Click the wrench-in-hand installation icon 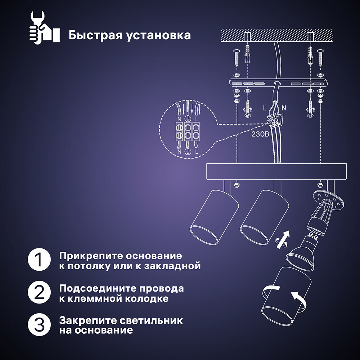click(43, 28)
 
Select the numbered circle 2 click(39, 293)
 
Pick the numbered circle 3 click(39, 325)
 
